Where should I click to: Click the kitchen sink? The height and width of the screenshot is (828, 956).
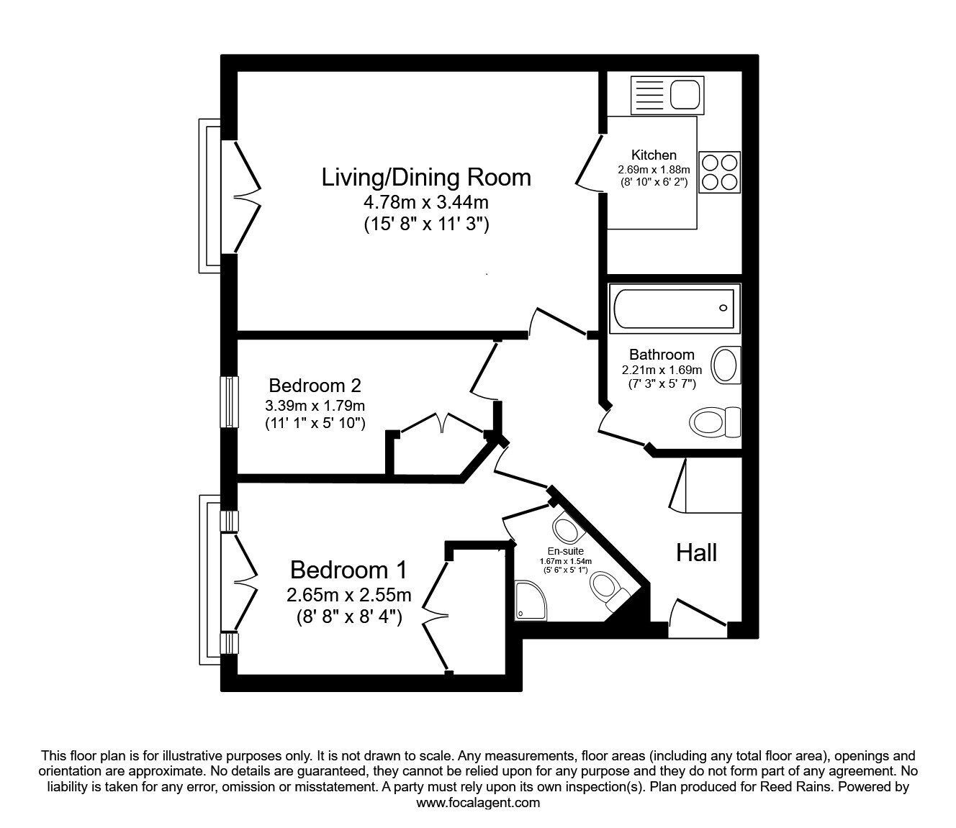pyautogui.click(x=665, y=94)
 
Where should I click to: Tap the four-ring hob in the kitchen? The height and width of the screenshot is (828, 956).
pyautogui.click(x=718, y=172)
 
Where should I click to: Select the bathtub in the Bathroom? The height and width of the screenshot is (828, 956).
pyautogui.click(x=672, y=309)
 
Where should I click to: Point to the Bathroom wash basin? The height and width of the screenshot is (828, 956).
pyautogui.click(x=726, y=365)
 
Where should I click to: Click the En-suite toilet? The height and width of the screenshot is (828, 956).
pyautogui.click(x=607, y=588)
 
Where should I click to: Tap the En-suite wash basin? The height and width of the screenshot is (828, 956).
pyautogui.click(x=569, y=531)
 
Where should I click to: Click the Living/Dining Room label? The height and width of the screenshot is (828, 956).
pyautogui.click(x=426, y=177)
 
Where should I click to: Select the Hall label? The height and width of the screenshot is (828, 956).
pyautogui.click(x=696, y=552)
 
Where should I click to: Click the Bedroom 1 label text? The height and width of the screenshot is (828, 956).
pyautogui.click(x=348, y=570)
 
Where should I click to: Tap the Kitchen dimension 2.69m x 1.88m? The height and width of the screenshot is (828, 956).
pyautogui.click(x=653, y=169)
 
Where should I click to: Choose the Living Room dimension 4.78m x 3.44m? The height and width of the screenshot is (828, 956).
pyautogui.click(x=426, y=201)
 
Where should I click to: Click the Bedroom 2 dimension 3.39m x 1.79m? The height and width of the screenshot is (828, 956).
pyautogui.click(x=315, y=406)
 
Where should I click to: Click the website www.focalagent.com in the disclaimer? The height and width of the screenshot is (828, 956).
pyautogui.click(x=478, y=803)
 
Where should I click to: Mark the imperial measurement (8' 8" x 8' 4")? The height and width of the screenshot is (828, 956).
pyautogui.click(x=348, y=617)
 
